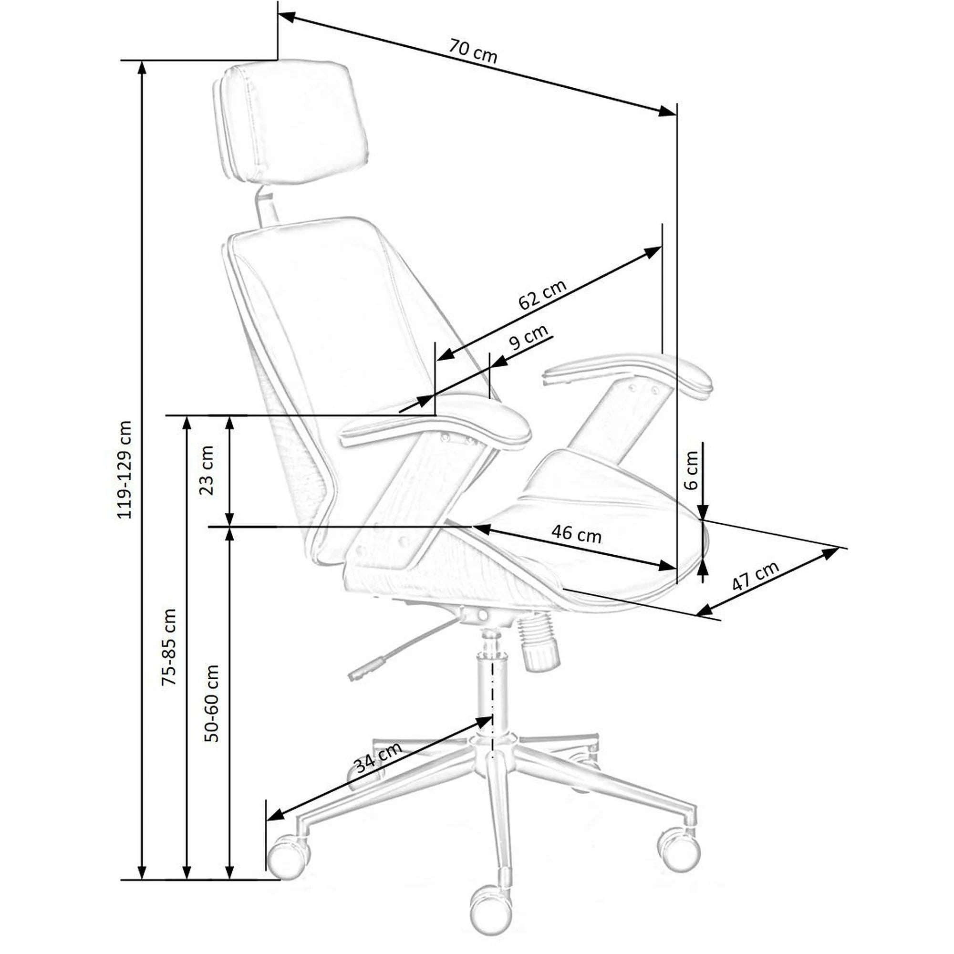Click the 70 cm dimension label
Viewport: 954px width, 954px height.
473,52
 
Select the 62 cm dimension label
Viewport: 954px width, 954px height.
542,295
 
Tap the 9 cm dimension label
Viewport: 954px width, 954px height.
528,336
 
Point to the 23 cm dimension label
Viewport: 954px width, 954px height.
206,470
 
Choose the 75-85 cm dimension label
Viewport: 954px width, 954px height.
168,647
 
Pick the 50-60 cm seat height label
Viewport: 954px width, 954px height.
211,703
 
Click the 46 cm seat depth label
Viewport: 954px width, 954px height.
576,534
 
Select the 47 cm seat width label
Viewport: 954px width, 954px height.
755,576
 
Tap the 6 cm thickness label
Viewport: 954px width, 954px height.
692,470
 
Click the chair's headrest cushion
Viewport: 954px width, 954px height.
291,122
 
